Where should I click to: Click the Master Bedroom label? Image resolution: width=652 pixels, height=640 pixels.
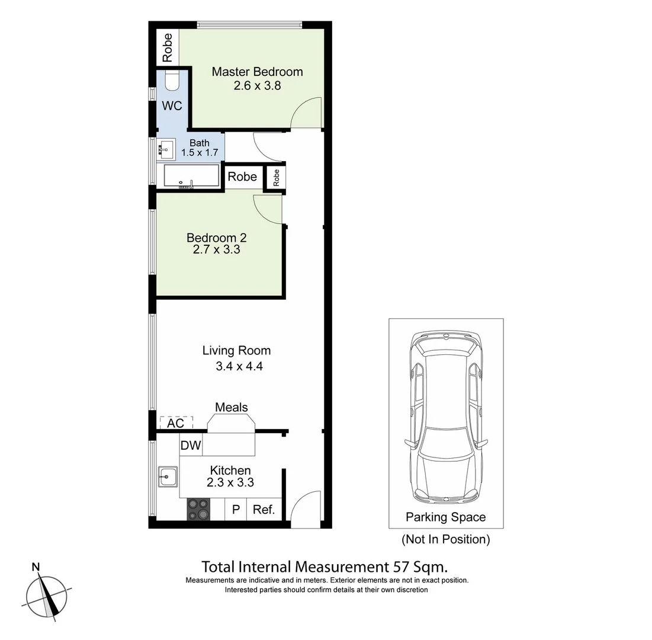coord(257,72)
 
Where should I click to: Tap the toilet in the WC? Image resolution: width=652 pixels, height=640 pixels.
coord(172,81)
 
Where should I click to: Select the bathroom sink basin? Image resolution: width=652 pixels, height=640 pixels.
coord(165,149)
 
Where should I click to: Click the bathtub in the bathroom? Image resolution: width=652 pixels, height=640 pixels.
coord(190,177)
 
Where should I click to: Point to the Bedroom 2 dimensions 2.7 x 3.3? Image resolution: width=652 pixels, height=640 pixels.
coord(216,249)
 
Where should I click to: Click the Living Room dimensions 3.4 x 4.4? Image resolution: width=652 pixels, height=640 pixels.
coord(239,366)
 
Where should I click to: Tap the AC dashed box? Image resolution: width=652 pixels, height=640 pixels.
coord(176,423)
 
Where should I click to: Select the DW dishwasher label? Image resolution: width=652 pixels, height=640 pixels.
coord(191,446)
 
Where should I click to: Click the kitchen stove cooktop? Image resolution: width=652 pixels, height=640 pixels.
coord(198,509)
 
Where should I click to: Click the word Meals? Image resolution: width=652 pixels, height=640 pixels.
coord(231,407)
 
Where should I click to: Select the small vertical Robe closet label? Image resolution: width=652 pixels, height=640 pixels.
coord(275,177)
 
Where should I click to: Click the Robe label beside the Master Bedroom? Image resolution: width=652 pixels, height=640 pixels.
coord(168,48)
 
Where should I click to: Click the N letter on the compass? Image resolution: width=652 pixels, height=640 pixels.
coord(36,567)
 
